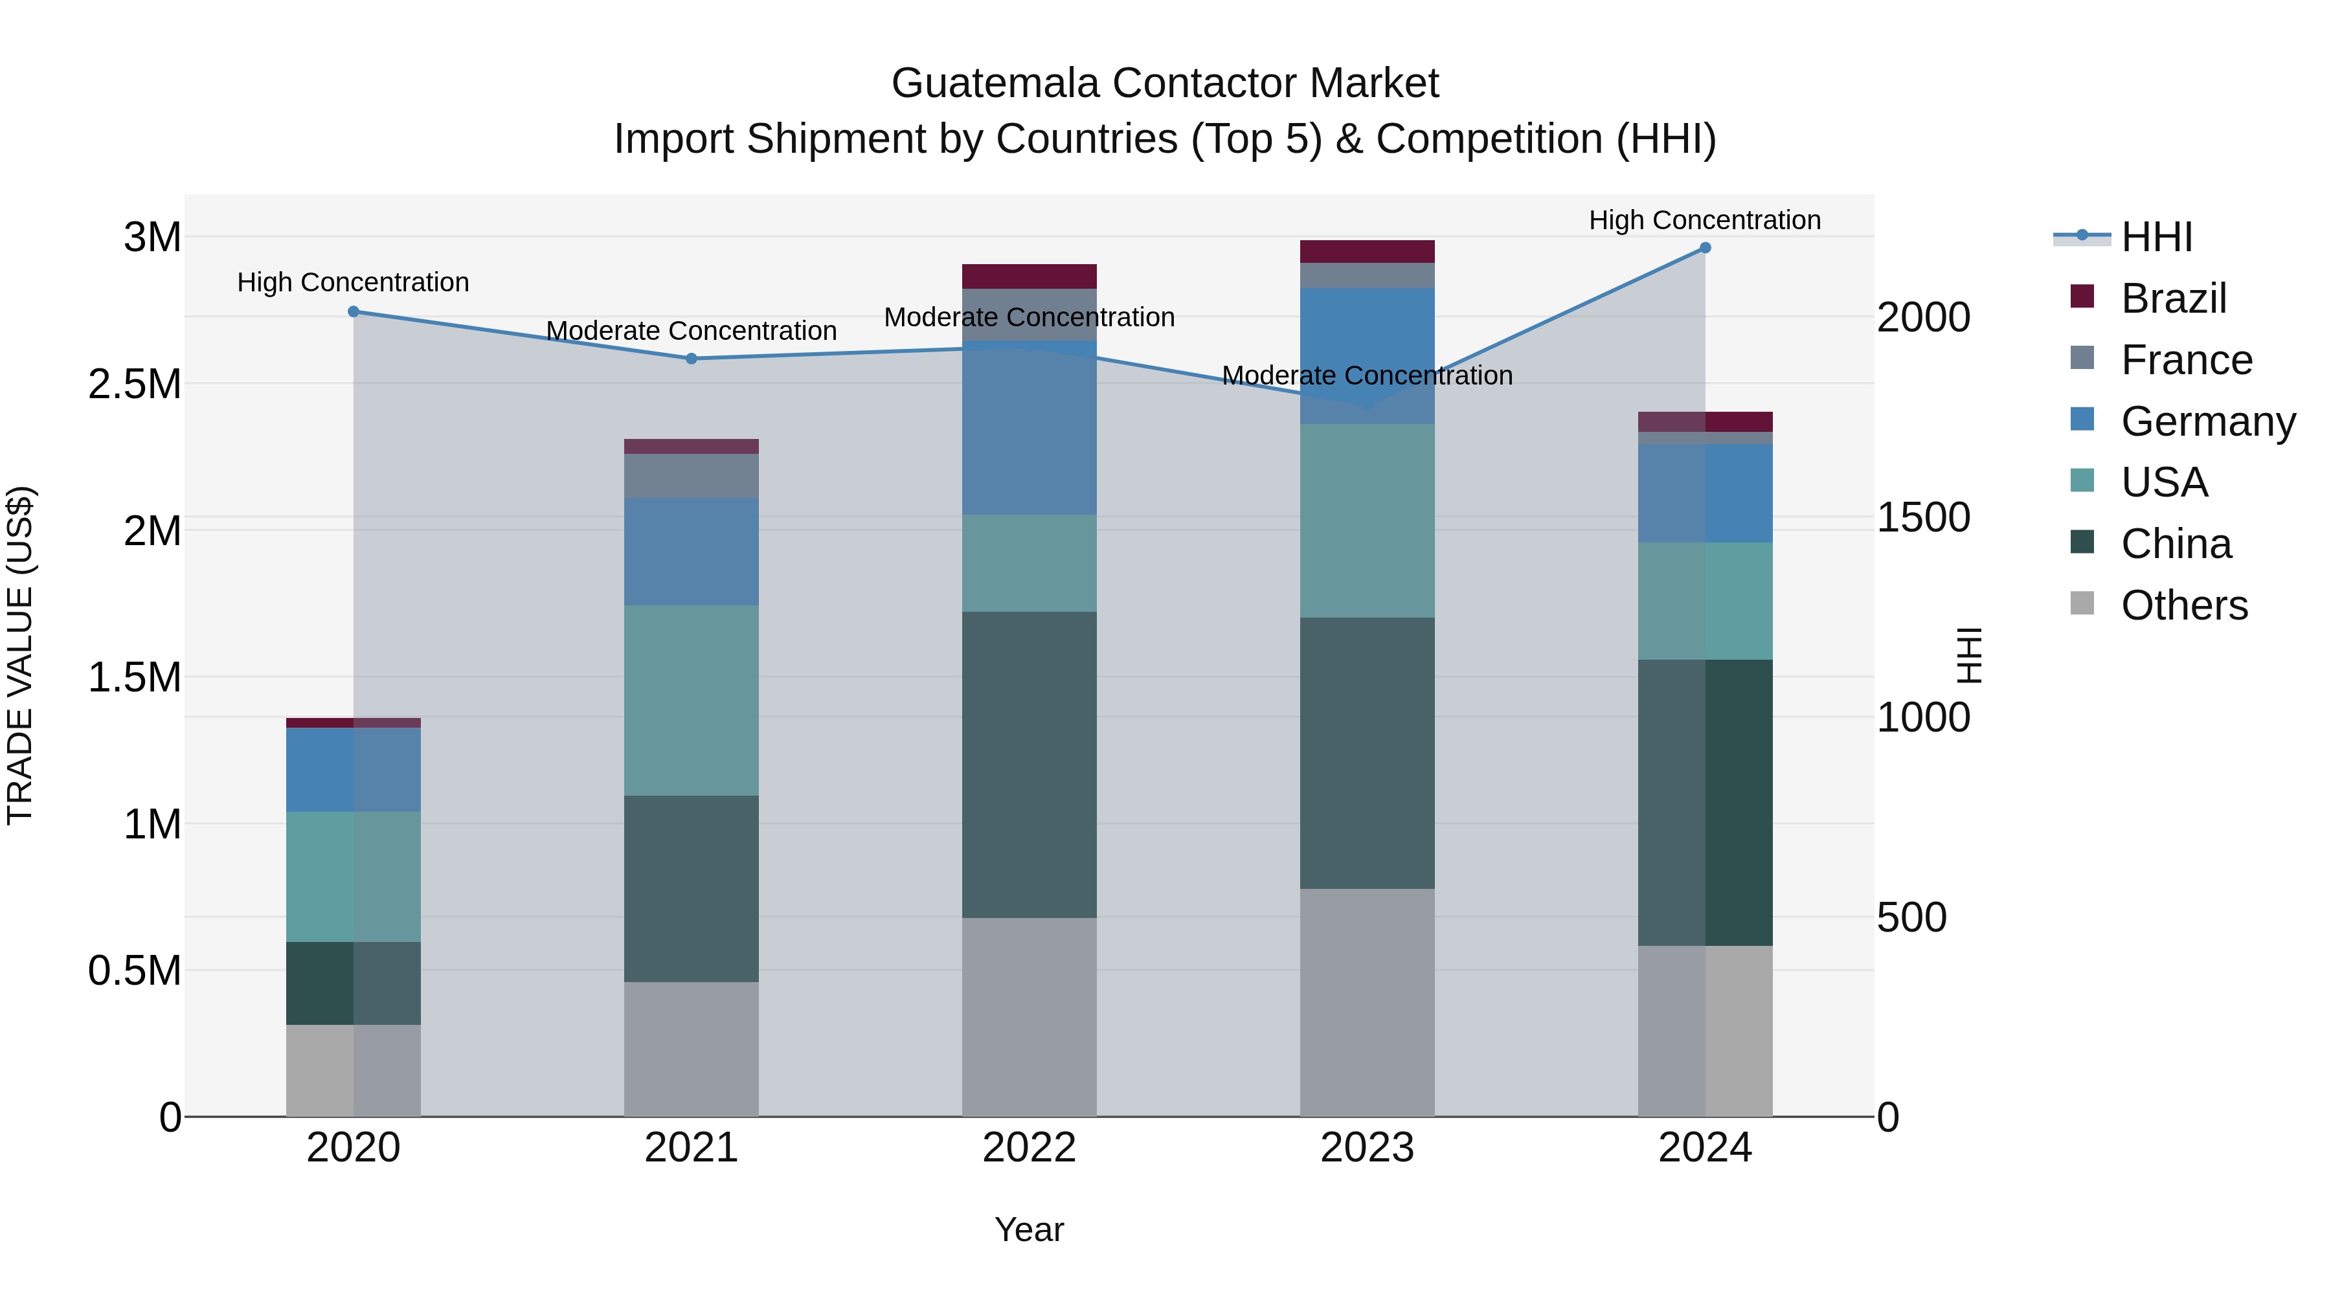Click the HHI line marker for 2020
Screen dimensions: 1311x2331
354,311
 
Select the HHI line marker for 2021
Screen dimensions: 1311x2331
692,358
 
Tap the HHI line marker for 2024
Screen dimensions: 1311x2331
1705,248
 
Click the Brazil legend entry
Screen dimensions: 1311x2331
2172,298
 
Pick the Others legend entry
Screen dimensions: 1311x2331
2183,605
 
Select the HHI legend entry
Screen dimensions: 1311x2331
2156,237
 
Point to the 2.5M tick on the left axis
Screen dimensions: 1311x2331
135,385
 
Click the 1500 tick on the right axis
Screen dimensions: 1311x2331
1923,517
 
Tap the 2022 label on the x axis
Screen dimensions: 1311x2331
1029,1148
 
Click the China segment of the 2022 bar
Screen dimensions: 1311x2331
1029,765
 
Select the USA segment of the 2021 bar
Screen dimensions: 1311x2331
692,700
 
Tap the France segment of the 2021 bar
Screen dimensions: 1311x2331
692,476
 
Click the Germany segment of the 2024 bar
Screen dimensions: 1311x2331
1705,493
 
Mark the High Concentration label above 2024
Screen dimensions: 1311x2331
1705,220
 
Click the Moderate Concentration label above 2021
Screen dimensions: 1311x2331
692,331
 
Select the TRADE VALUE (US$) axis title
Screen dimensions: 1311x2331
20,655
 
